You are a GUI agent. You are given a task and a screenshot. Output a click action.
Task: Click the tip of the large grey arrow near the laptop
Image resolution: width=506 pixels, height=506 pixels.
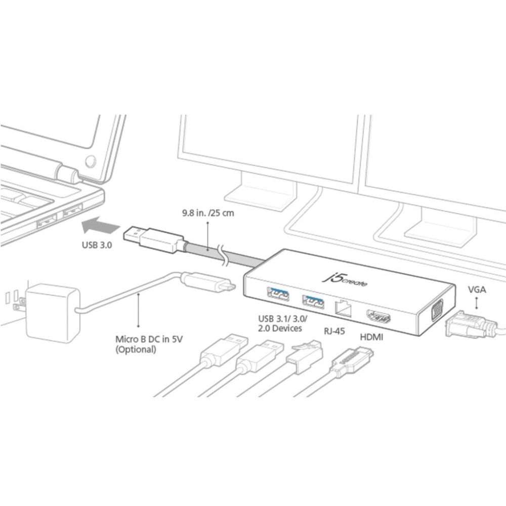click(x=81, y=226)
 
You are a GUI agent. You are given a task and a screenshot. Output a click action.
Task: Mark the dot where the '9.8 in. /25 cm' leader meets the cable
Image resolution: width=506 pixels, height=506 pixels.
click(x=207, y=249)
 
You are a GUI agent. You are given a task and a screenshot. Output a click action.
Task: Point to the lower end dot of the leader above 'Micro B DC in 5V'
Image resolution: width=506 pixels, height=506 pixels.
click(x=139, y=326)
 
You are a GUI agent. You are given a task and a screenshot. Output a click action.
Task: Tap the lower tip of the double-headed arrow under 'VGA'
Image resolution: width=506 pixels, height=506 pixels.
click(x=476, y=308)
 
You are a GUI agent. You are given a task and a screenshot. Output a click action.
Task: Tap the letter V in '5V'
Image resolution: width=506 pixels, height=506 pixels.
click(x=180, y=339)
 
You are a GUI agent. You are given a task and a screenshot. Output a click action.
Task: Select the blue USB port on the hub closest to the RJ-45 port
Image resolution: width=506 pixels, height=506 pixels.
click(x=313, y=301)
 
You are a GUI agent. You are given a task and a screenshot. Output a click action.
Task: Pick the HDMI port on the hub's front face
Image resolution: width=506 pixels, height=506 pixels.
click(x=378, y=316)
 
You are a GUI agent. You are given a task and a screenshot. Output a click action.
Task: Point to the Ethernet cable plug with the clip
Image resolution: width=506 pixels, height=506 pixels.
click(x=305, y=357)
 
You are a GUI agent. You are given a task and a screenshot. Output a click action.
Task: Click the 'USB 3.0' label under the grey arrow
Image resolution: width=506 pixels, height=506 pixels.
click(x=97, y=245)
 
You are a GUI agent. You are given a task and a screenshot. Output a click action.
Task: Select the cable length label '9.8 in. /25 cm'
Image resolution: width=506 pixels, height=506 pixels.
click(x=208, y=213)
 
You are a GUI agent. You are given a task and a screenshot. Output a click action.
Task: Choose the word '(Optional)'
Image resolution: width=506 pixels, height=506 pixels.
click(x=136, y=349)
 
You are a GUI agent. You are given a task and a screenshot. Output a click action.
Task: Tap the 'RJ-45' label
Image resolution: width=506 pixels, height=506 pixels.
click(x=334, y=331)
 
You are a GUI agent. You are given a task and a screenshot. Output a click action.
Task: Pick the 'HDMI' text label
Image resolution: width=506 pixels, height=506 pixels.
click(x=371, y=337)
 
